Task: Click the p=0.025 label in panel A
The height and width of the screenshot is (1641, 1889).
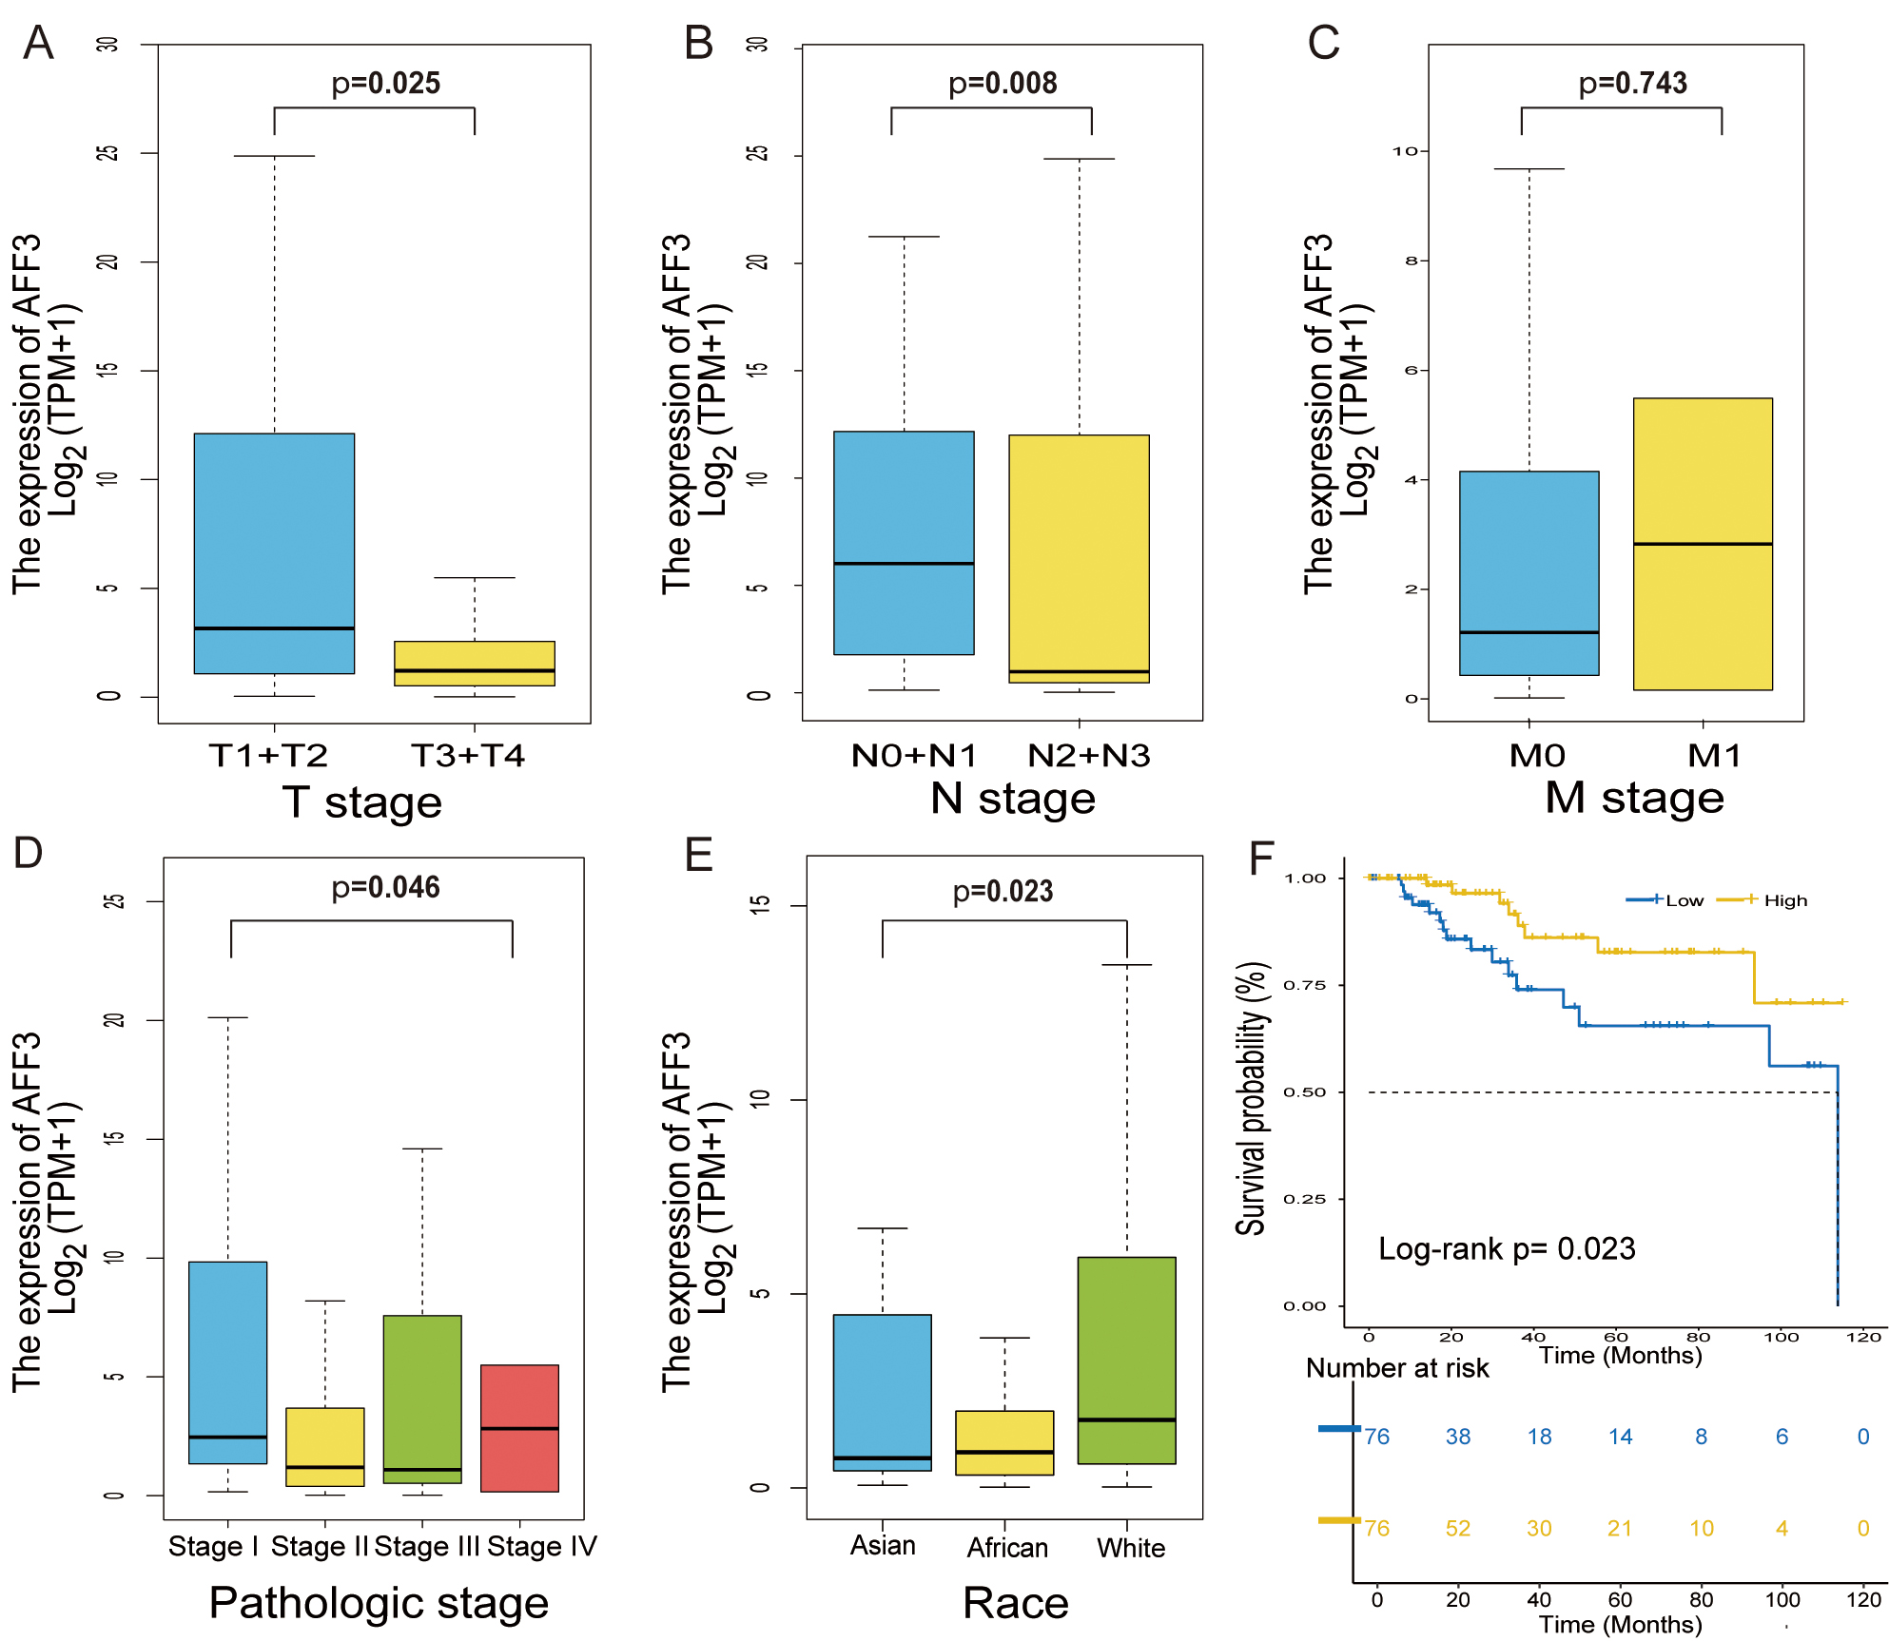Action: (385, 84)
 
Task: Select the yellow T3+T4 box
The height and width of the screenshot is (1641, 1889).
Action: (474, 663)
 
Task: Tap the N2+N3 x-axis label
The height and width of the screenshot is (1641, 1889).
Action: (1088, 756)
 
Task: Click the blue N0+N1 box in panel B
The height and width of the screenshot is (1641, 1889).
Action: (904, 542)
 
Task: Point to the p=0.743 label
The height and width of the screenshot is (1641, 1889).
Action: (1632, 84)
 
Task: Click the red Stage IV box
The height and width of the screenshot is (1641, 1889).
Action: (519, 1427)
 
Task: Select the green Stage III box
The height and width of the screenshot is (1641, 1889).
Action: (422, 1399)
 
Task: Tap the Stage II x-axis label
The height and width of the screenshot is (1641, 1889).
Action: (319, 1547)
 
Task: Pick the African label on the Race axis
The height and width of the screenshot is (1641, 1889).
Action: (1007, 1548)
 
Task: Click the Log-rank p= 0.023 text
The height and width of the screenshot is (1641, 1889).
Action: (1507, 1248)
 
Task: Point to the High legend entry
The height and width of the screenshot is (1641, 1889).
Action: (1784, 900)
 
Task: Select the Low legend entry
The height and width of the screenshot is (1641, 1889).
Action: (1684, 900)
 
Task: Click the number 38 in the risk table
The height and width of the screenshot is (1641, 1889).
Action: (1458, 1437)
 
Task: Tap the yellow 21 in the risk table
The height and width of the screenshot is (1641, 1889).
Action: (1620, 1528)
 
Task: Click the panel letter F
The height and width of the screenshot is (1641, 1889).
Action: (1260, 858)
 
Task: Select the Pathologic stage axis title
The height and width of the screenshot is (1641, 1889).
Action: (379, 1603)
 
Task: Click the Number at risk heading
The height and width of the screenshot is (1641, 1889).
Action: (1397, 1368)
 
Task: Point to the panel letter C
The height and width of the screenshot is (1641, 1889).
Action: (1323, 43)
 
